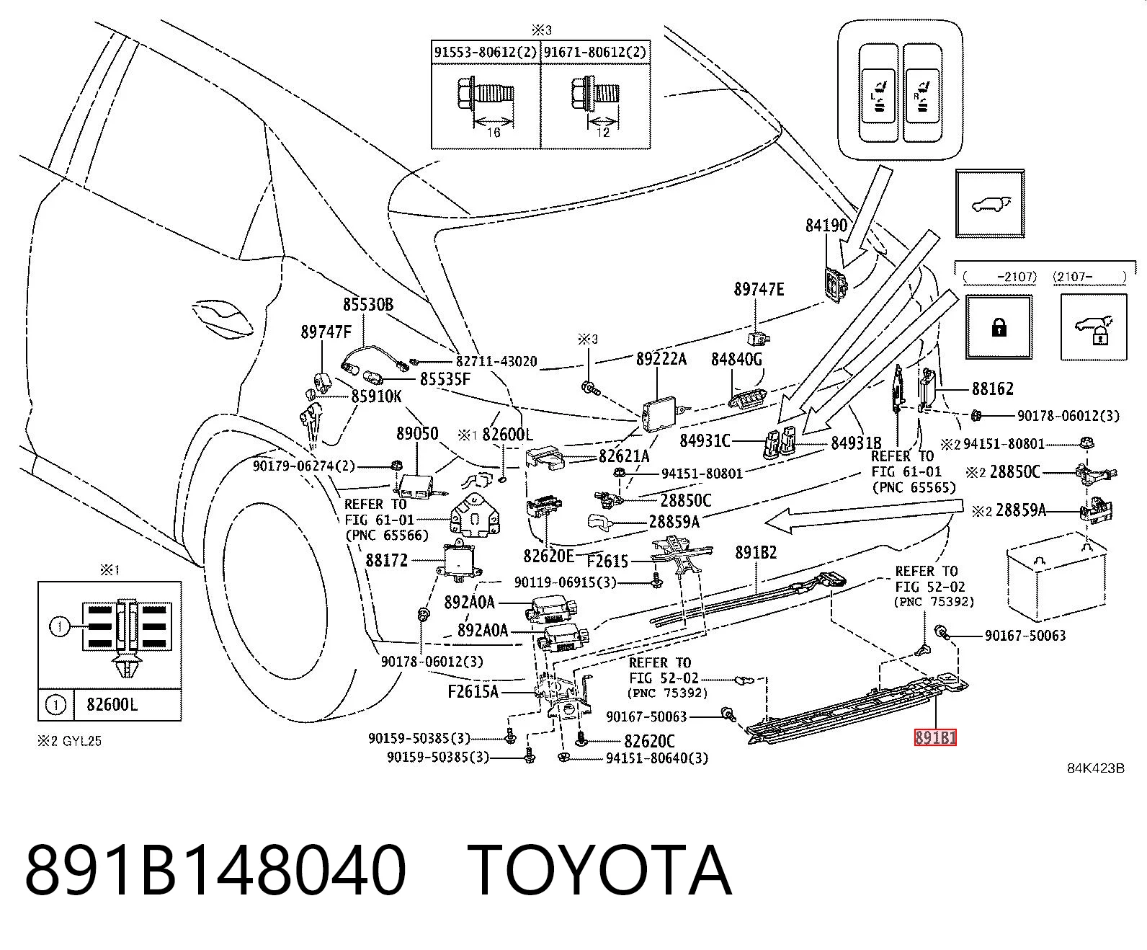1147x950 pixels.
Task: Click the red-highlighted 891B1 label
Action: coord(935,737)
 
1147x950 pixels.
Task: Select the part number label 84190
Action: coord(826,226)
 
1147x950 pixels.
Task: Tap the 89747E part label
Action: coord(759,289)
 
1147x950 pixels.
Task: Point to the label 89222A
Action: coord(661,359)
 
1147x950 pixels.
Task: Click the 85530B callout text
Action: coord(368,305)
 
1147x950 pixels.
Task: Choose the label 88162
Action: coord(993,389)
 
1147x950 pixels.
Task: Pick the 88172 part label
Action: coord(387,560)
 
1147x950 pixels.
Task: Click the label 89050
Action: coord(417,434)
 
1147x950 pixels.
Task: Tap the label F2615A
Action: coord(473,692)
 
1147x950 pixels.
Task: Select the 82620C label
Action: coord(649,742)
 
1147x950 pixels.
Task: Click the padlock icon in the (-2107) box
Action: coord(999,328)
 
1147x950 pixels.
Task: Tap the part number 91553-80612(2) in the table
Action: coord(486,52)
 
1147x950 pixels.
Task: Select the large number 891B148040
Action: coord(215,871)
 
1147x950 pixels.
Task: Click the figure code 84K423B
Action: coord(1096,768)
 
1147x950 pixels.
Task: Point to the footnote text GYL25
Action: coord(82,741)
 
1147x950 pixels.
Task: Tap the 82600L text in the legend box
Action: coord(112,705)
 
